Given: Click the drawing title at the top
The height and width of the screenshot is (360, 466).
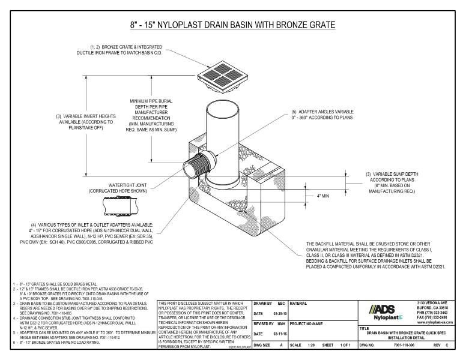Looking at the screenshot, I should click(232, 25).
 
